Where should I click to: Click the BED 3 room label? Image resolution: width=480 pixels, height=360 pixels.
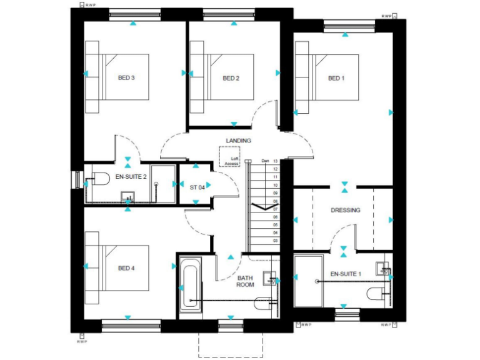(126, 78)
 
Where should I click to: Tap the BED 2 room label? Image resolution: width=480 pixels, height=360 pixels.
(231, 78)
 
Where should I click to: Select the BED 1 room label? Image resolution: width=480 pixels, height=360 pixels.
(336, 78)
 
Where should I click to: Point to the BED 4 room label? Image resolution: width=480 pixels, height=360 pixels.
(126, 268)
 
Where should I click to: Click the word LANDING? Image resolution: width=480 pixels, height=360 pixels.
(239, 141)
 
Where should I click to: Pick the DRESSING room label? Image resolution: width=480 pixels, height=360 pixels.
(346, 210)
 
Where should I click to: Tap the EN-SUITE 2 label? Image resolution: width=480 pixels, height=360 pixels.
(131, 177)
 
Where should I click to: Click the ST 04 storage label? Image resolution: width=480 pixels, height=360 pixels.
(197, 186)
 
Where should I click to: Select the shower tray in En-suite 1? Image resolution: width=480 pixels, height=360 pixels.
(306, 283)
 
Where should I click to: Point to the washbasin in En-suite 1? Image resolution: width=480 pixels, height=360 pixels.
(382, 268)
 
